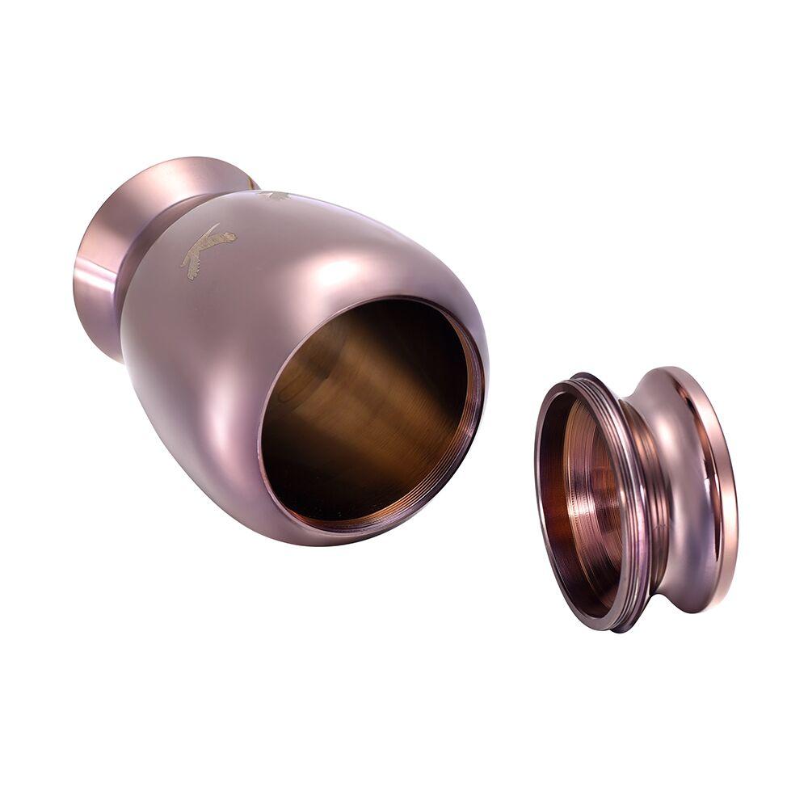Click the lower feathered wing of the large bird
point(194,263)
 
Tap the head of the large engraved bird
point(230,237)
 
